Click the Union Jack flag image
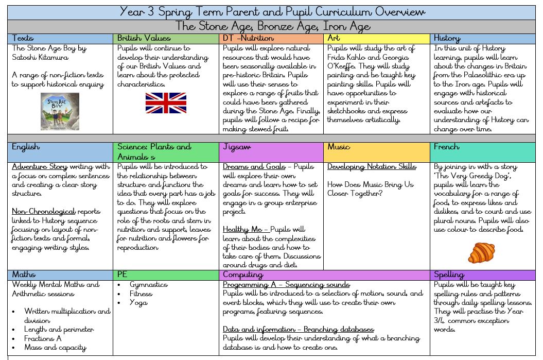click(x=166, y=102)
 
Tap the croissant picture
click(x=481, y=252)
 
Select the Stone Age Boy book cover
click(x=60, y=111)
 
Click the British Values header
click(x=144, y=38)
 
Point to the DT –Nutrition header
click(x=248, y=38)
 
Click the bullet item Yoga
click(x=138, y=302)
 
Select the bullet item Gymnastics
click(x=148, y=284)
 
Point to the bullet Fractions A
click(x=43, y=338)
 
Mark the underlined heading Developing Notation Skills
click(x=372, y=166)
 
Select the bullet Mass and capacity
click(x=55, y=348)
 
